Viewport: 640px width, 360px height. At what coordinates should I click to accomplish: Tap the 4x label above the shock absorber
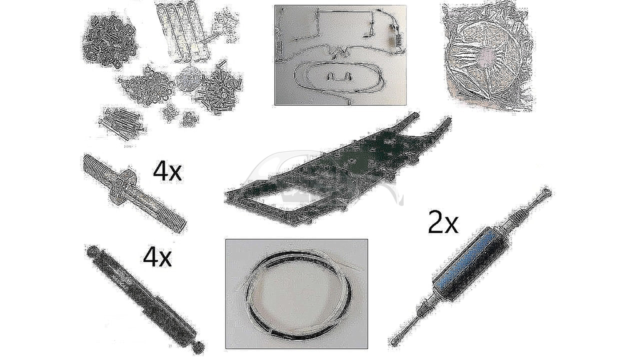[157, 257]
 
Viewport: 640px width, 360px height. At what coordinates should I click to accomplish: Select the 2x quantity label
[443, 223]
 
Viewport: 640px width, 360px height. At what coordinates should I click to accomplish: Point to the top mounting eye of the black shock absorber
[91, 251]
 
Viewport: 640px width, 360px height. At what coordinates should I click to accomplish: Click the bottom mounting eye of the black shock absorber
[199, 346]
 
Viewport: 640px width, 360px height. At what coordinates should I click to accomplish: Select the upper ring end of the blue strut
[546, 193]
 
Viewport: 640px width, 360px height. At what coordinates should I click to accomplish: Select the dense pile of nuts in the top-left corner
[109, 39]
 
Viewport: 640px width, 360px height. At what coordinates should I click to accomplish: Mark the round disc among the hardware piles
[189, 77]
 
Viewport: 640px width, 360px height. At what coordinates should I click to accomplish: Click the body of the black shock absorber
[145, 298]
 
